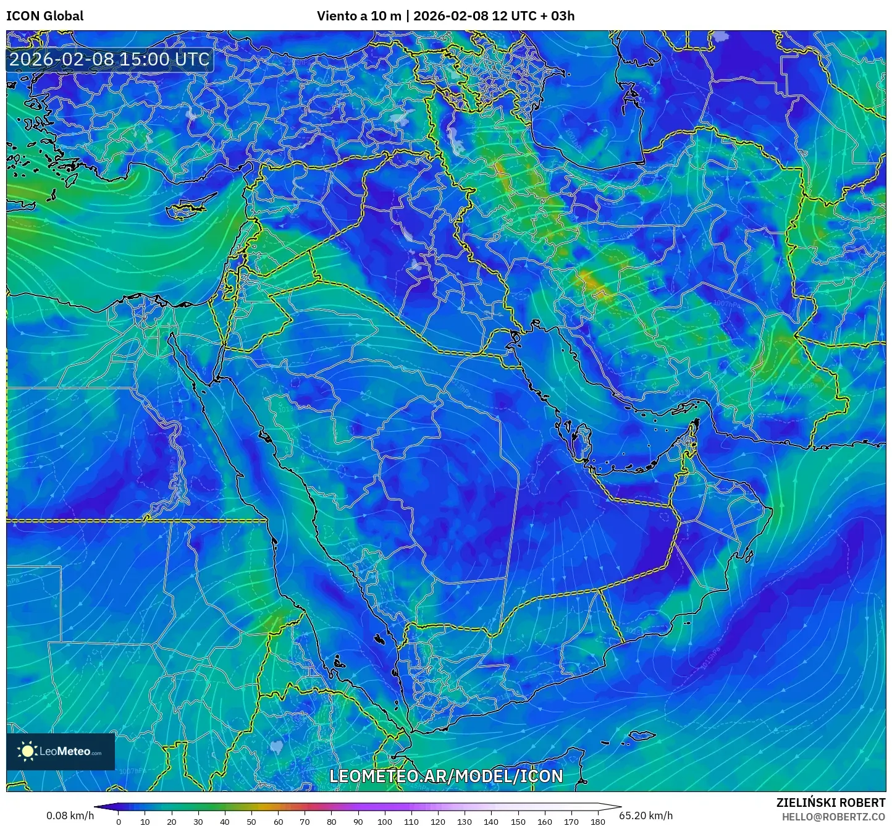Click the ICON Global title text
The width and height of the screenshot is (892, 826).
click(44, 16)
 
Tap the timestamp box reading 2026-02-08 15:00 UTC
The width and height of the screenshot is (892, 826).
click(109, 59)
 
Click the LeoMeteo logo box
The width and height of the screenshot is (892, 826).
click(61, 751)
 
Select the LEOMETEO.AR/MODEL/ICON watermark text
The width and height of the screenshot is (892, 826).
click(446, 777)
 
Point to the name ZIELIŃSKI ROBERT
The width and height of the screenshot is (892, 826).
click(831, 803)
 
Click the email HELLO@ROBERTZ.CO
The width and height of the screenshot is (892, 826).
click(833, 817)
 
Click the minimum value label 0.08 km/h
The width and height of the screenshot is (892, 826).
click(70, 815)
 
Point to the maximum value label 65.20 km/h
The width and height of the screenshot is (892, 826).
click(646, 815)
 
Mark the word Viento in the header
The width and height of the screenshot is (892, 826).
click(337, 16)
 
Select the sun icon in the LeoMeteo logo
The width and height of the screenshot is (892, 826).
click(27, 751)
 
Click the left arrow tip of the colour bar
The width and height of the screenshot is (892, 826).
click(96, 806)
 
